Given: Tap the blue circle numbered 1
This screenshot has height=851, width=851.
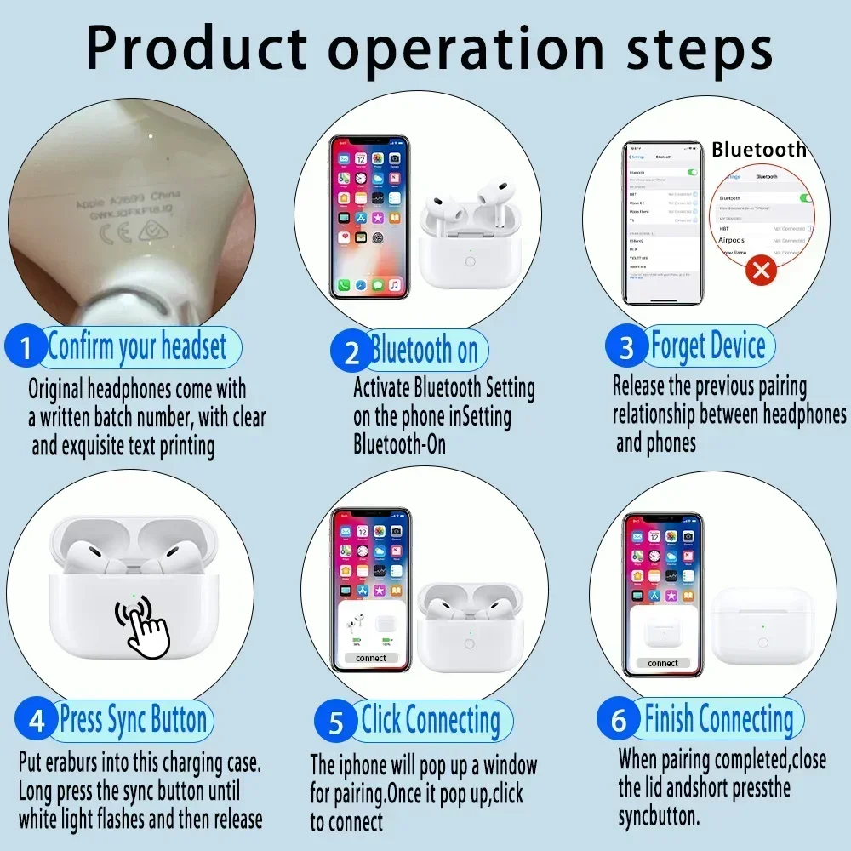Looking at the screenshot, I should pos(26,349).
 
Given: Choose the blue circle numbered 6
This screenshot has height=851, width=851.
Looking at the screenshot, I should pos(619,721).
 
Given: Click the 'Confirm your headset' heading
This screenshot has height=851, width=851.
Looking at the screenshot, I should pos(137,347).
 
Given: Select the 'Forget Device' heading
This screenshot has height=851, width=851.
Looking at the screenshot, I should pos(708,346).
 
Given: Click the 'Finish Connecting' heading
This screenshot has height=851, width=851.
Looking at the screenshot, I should pos(718,719).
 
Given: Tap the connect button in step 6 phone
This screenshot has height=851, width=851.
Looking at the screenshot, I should pos(662,663).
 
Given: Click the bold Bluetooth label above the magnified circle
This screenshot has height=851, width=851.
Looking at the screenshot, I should pos(758,150).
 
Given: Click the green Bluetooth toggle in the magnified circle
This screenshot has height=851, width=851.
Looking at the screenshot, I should pos(804,197).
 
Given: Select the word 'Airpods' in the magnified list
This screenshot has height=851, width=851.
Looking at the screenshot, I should pos(732,240).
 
